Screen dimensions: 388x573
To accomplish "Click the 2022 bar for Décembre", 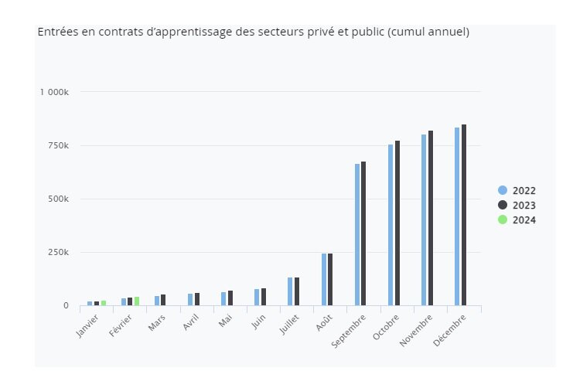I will point(457,216).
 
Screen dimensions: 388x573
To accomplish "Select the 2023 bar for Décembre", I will point(464,215).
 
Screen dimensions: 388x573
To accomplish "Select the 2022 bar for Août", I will point(324,279).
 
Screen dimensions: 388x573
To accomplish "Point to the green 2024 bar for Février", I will point(137,301).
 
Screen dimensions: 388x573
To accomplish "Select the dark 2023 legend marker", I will point(503,206).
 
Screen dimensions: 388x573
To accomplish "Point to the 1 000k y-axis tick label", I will point(54,92).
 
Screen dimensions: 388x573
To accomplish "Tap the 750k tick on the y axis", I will point(58,145).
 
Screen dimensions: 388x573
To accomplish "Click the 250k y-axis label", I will point(58,252).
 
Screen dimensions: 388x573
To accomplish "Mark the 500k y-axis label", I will point(58,199).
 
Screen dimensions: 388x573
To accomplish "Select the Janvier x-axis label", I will point(88,325).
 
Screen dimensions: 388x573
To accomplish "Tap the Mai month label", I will point(226,320).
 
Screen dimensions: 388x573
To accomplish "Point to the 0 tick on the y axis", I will point(65,306).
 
